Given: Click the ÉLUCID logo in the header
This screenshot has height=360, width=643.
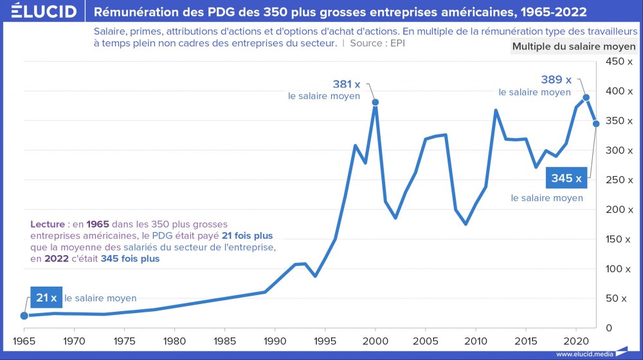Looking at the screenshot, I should click(x=40, y=12).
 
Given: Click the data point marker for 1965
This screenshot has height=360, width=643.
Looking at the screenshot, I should click(x=24, y=316).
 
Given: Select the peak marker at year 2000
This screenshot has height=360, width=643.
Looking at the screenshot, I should click(x=375, y=102).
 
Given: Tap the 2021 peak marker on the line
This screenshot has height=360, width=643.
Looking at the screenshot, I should click(x=586, y=98).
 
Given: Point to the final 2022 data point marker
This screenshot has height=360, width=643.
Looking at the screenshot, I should click(x=596, y=123).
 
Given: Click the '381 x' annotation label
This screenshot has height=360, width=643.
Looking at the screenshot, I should click(x=347, y=84).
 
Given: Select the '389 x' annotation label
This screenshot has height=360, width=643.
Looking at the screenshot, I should click(x=556, y=80).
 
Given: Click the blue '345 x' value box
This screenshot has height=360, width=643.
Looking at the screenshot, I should click(x=566, y=178).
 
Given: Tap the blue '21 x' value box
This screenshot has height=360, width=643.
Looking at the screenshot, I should click(x=46, y=298).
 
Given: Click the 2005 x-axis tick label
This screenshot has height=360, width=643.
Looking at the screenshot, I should click(x=425, y=340).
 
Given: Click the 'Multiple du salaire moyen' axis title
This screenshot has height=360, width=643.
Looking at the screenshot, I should click(x=574, y=46).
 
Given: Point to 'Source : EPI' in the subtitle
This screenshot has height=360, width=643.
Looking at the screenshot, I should click(x=378, y=43).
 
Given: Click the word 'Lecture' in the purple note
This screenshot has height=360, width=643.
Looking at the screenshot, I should click(x=47, y=224).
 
